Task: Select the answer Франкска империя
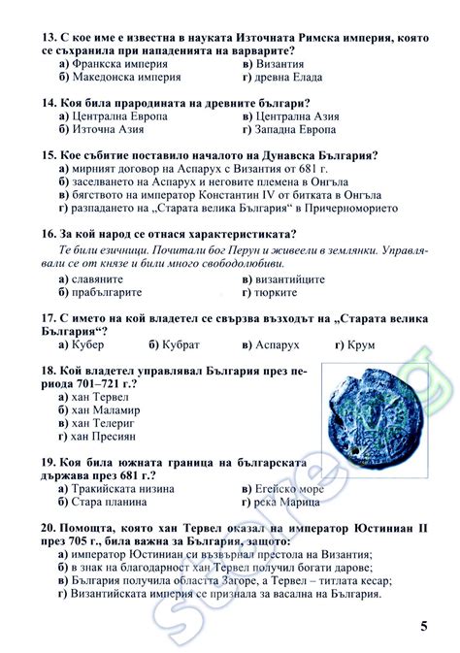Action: [x=116, y=62]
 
